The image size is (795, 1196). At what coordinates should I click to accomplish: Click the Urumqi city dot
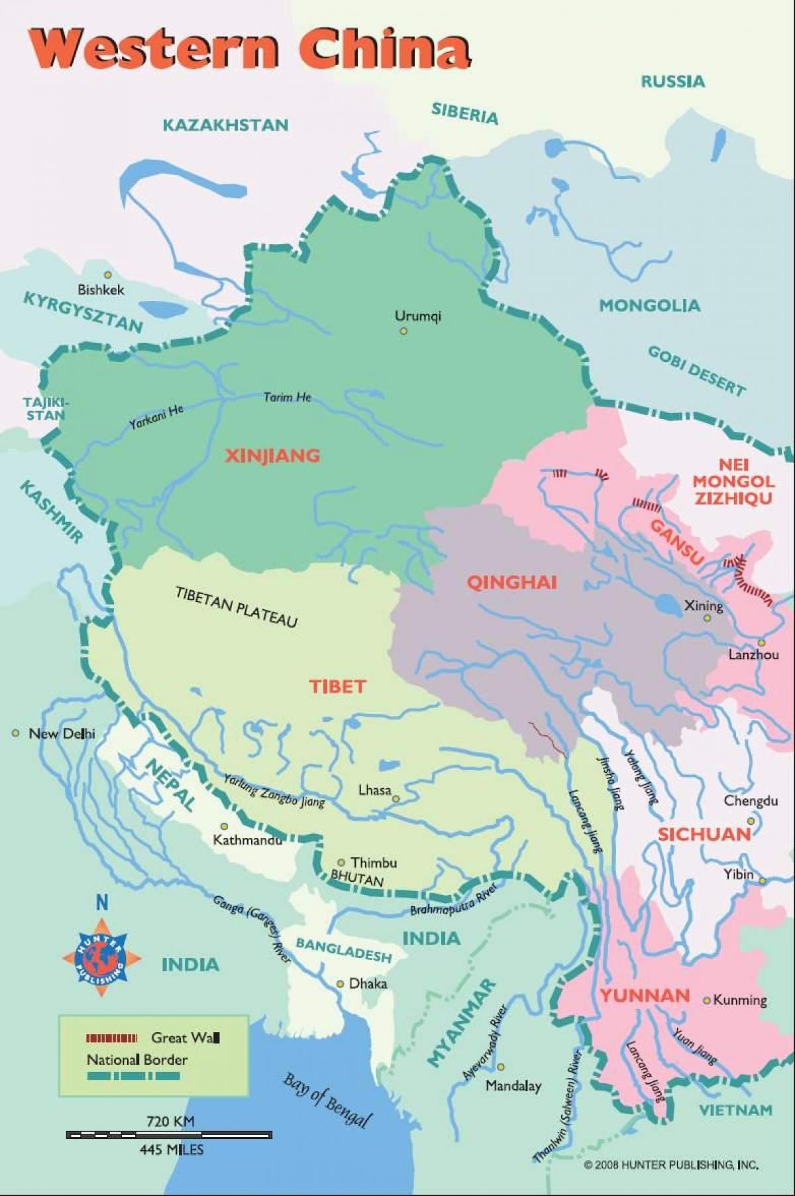click(403, 331)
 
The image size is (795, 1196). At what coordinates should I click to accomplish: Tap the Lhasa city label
click(374, 790)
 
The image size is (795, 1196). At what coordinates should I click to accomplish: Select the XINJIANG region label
click(272, 455)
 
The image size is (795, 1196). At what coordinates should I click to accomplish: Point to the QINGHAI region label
click(512, 583)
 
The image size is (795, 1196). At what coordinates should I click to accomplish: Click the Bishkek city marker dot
click(107, 274)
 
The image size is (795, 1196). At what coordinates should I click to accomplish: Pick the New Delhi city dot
click(15, 733)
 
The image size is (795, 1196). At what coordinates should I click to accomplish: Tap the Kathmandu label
click(247, 840)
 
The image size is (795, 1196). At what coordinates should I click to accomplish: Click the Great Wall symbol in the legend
click(111, 1038)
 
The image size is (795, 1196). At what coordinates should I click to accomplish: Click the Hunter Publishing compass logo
click(101, 957)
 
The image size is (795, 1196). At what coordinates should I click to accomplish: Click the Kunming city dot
click(707, 1000)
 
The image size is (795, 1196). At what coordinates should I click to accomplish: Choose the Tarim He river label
click(287, 397)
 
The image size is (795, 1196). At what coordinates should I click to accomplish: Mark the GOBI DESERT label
click(696, 370)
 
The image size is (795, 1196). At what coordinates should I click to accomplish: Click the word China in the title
click(384, 48)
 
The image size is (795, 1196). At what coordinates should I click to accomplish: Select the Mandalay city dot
click(501, 1067)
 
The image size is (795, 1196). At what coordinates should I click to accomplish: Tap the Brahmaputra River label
click(454, 901)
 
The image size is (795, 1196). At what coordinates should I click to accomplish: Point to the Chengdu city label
click(750, 801)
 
